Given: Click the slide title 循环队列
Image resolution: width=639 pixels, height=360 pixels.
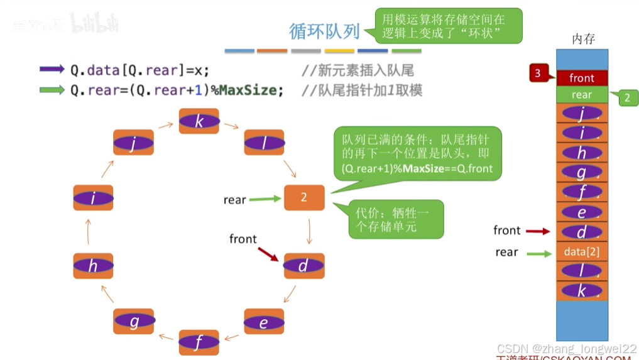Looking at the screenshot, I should point(324,31).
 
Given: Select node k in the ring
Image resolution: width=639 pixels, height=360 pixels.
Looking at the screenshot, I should point(199,121).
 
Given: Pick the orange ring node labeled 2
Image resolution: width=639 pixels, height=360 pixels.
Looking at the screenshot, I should point(304,197).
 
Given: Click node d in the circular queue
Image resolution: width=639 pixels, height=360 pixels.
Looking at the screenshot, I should point(303,266).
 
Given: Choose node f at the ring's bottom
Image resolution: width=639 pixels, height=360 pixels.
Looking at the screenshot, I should point(199,342).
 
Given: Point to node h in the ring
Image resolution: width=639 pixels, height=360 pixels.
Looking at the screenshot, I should point(93,266).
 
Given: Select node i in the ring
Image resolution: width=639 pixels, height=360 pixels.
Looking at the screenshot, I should point(93,199).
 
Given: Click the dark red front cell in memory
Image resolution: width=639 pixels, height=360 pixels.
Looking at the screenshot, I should point(582,78).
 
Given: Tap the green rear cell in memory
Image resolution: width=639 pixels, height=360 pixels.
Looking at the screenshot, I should point(582,95).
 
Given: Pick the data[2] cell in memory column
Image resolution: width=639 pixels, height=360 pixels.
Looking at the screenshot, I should point(582,252).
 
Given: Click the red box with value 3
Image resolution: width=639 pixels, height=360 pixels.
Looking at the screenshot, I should point(538,74).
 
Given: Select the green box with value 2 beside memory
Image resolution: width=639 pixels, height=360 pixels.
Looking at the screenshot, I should point(627,97).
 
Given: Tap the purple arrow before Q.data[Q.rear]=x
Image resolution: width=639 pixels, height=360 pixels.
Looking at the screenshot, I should point(52,69).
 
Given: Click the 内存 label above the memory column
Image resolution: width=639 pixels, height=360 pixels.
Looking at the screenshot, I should point(582,39).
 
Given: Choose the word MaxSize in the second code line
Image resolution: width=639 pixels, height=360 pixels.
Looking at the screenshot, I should point(248,90).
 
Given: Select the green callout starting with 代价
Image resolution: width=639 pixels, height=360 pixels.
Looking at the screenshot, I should point(396,219).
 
